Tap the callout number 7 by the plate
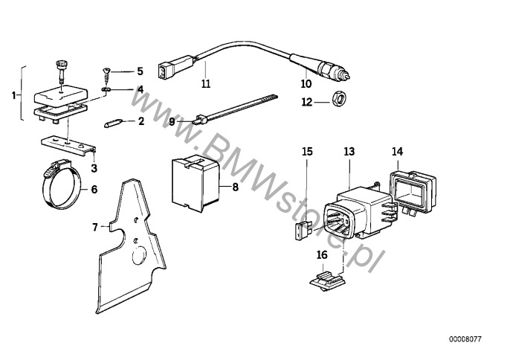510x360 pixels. coord(94,225)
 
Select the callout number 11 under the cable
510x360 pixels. coord(206,84)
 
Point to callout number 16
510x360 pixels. coord(321,254)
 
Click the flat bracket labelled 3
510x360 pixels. coord(68,143)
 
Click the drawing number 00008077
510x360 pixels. coord(465,339)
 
